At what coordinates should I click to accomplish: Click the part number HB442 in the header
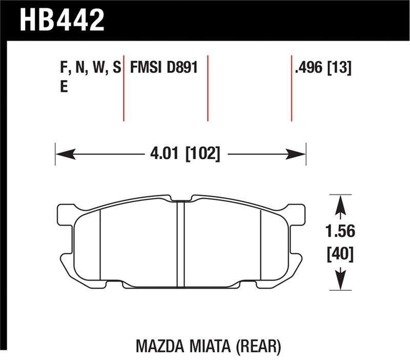point(62,20)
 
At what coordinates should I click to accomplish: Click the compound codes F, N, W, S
point(90,68)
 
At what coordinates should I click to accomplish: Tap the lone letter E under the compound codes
point(64,87)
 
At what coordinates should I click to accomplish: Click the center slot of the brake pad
point(180,244)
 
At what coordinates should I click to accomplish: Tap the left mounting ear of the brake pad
point(65,214)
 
